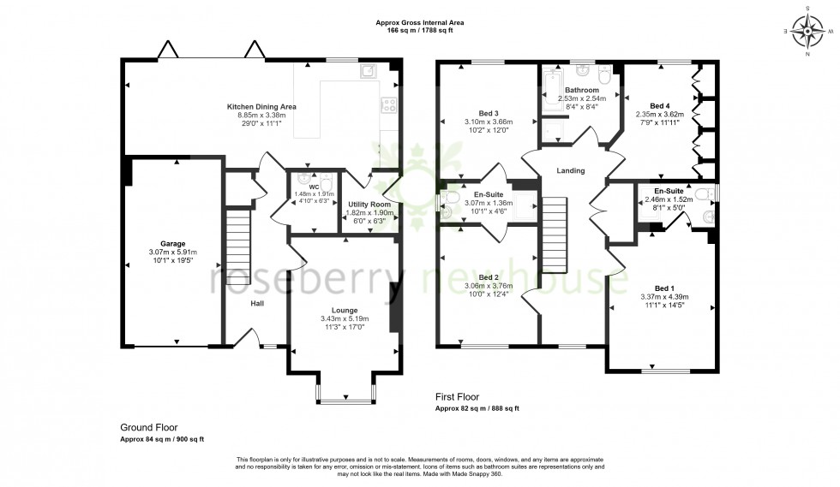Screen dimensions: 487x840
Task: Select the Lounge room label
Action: point(345,310)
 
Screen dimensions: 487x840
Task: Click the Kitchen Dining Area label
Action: point(261,106)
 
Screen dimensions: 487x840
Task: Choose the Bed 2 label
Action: point(488,277)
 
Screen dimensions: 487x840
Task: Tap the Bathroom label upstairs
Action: point(581,90)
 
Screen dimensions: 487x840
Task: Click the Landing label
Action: point(571,170)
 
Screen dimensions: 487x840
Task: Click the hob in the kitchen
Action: point(389,106)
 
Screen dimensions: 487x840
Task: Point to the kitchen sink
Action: point(369,70)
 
